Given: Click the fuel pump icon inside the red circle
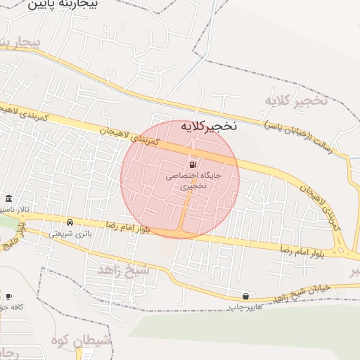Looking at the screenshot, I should (193, 165).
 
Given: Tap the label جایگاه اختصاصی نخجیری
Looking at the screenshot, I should (193, 181).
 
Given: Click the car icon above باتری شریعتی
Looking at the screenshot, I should (70, 223).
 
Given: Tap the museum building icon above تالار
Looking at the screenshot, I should (8, 198).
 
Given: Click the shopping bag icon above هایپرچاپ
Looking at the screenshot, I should (245, 296).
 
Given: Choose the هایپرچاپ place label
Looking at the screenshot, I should (245, 307).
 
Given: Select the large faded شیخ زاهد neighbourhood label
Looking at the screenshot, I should (124, 271).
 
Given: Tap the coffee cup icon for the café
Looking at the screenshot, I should (8, 296).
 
